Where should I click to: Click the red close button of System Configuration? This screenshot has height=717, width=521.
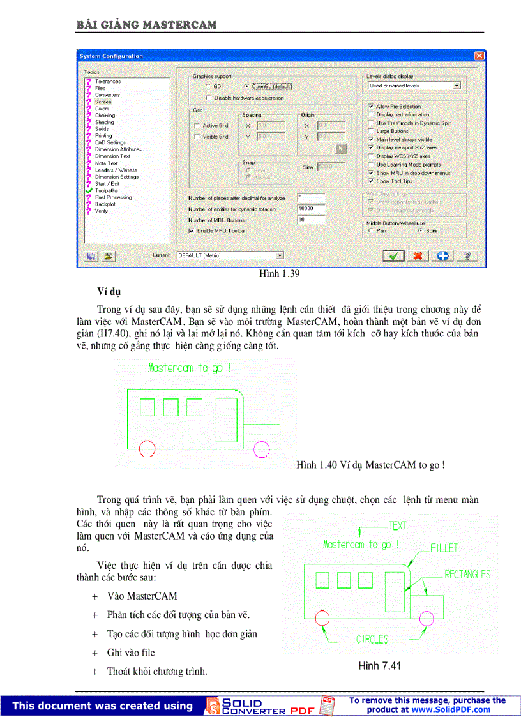click(x=479, y=56)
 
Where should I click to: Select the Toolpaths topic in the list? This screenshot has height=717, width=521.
click(x=106, y=190)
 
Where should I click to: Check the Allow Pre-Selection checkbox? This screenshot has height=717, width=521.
click(x=371, y=107)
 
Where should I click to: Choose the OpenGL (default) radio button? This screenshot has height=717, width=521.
click(x=246, y=86)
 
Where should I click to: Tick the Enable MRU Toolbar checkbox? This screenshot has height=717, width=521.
click(x=191, y=230)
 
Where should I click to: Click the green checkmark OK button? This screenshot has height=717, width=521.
click(x=393, y=255)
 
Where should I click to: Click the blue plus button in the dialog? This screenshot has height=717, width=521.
click(x=442, y=255)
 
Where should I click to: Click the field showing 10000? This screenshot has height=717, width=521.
click(x=311, y=209)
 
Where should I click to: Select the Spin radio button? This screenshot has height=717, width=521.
click(x=420, y=230)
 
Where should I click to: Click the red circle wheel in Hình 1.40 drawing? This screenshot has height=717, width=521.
click(x=147, y=449)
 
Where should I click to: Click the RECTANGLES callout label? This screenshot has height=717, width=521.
click(x=467, y=575)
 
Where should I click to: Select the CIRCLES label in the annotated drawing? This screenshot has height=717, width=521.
click(x=373, y=638)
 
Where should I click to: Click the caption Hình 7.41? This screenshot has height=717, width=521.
click(x=379, y=667)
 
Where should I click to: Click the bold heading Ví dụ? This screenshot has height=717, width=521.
click(x=109, y=292)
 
